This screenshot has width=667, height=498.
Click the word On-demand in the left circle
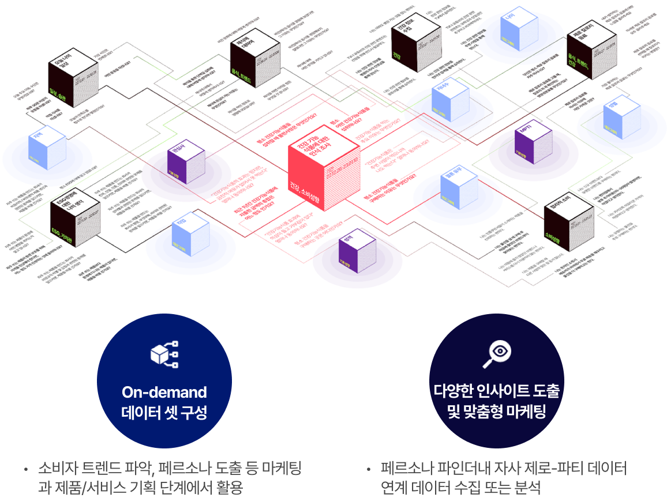[164, 393]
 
